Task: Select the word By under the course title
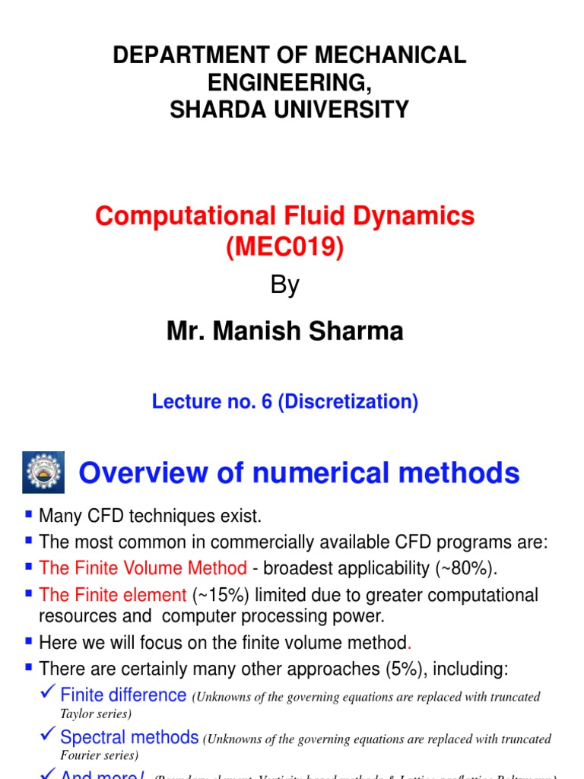click(285, 285)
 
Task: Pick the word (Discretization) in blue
click(348, 402)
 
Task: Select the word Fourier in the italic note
click(78, 755)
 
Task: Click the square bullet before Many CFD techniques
click(30, 515)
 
